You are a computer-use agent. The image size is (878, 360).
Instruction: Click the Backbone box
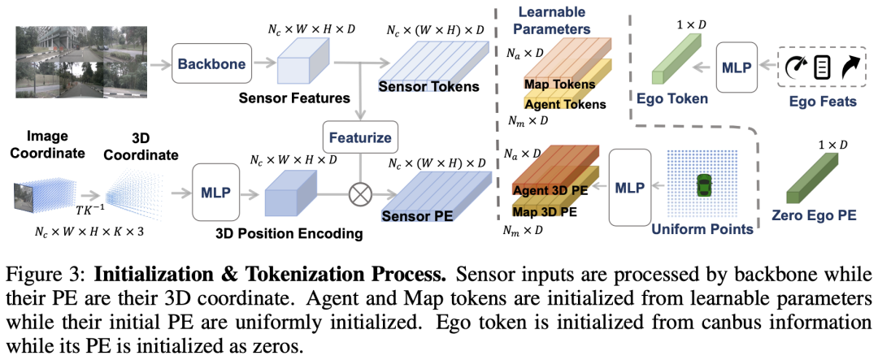coord(213,63)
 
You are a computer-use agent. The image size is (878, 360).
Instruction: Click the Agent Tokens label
coord(565,104)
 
